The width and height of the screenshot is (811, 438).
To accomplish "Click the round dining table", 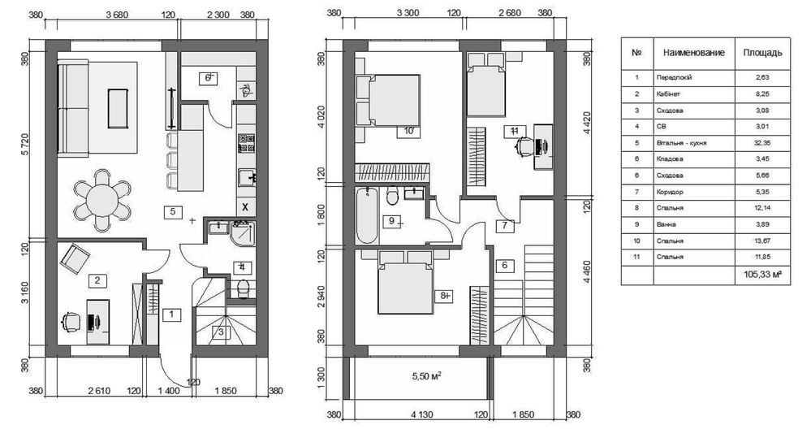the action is [102, 200].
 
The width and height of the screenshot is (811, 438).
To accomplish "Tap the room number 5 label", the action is [173, 211].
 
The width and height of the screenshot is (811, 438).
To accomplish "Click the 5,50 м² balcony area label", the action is [427, 376].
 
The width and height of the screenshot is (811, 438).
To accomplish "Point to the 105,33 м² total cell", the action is [762, 275].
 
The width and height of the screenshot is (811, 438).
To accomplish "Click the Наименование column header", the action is [693, 53].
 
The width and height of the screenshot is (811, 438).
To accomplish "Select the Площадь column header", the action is [762, 53].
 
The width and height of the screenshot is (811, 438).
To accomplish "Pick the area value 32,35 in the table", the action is [762, 143].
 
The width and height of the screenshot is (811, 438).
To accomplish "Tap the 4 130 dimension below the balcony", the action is [422, 414].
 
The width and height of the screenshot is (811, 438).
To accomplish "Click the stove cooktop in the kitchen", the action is [246, 143].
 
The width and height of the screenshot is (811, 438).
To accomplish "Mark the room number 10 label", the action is [408, 131].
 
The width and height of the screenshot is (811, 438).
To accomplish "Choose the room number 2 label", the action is [97, 280].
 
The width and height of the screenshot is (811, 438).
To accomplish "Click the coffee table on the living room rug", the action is [118, 108].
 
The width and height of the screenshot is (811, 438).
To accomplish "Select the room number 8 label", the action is [444, 296].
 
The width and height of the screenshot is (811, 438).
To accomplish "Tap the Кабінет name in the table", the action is [668, 94].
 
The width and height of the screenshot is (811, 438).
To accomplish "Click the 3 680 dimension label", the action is [117, 15].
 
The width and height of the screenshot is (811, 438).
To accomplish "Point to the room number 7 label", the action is [505, 226].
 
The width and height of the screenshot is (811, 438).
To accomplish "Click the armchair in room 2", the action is [75, 258].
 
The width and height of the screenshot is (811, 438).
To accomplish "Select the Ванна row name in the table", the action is [666, 225].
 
